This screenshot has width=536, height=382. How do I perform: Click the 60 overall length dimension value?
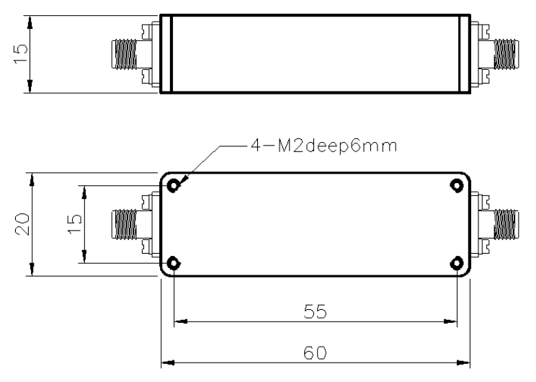click(315, 352)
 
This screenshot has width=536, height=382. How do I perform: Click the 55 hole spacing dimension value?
click(315, 311)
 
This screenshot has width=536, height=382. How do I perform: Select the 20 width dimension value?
click(22, 224)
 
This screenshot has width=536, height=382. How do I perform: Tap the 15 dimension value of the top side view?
click(20, 53)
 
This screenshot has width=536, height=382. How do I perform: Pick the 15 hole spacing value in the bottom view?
click(75, 224)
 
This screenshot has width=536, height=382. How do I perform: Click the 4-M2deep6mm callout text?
click(323, 146)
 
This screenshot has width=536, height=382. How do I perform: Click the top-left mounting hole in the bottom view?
click(174, 186)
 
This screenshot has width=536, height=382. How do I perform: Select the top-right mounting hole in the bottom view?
click(457, 186)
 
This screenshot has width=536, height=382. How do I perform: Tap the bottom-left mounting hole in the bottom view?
click(174, 263)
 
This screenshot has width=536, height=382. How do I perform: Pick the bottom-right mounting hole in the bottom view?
click(457, 263)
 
